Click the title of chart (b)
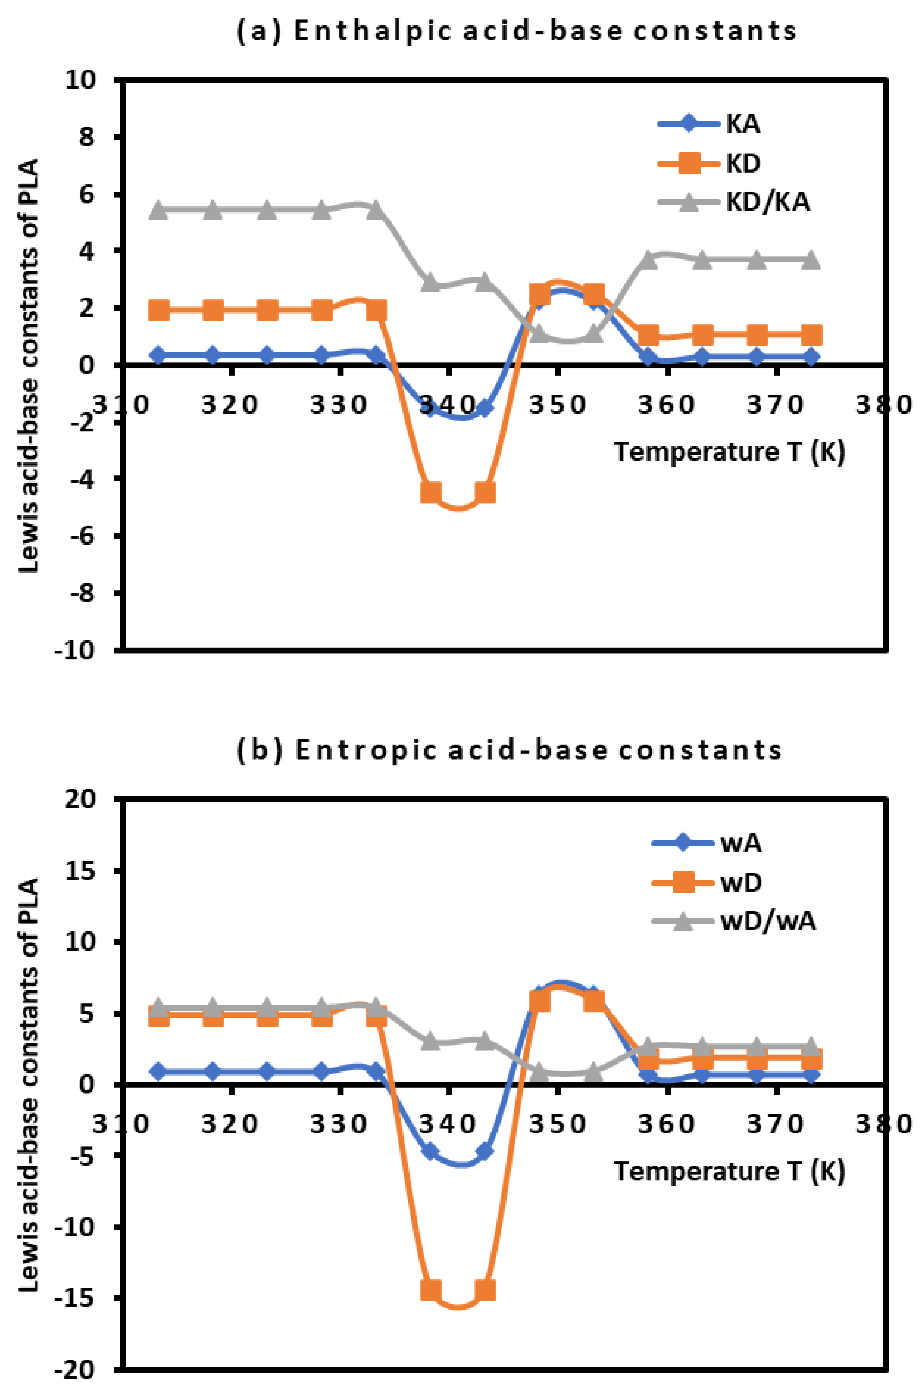[509, 750]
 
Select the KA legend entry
[743, 124]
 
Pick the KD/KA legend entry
[767, 202]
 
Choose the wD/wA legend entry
[768, 921]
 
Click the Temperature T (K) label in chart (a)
[730, 452]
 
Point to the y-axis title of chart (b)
[28, 1085]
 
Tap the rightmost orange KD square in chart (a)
[811, 335]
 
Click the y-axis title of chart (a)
[28, 366]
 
